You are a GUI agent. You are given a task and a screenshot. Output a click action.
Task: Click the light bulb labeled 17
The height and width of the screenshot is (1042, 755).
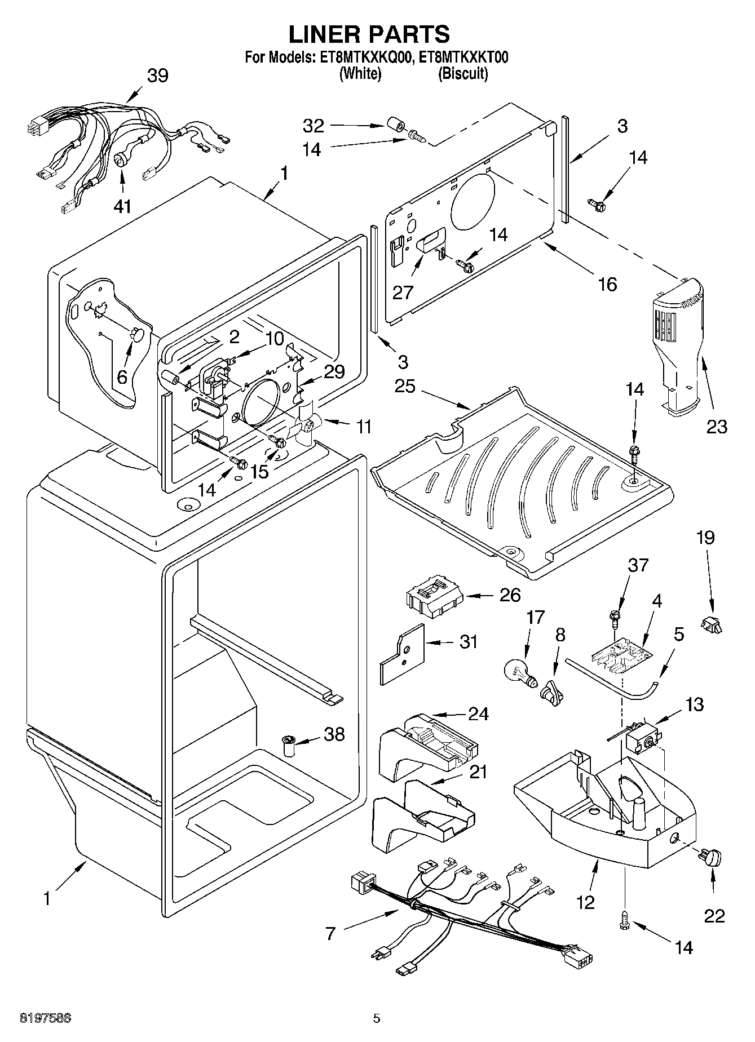518,671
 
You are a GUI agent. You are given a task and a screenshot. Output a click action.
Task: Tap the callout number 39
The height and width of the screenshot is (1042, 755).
157,75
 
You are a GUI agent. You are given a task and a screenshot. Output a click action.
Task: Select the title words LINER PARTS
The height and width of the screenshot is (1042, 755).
369,34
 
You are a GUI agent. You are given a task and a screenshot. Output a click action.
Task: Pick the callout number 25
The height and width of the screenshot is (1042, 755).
404,387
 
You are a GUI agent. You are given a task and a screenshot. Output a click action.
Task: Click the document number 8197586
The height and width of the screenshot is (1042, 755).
46,1018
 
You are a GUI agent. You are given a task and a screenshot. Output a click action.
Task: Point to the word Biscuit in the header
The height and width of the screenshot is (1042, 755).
462,74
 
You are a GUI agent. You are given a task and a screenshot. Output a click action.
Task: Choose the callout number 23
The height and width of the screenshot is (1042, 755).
717,427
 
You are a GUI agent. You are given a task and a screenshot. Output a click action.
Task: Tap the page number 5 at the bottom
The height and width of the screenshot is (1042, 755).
377,1018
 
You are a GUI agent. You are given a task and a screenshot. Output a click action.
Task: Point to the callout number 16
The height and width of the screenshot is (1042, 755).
607,284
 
